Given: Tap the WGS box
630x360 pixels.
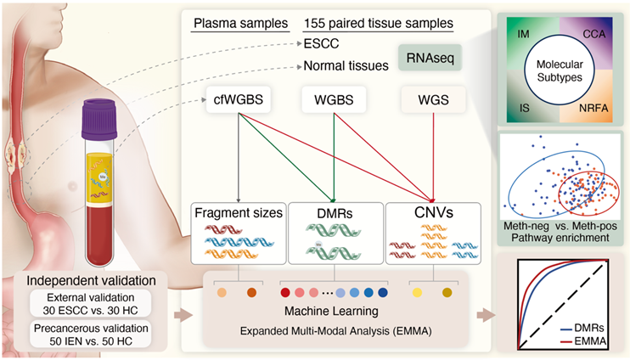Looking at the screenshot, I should (433, 101).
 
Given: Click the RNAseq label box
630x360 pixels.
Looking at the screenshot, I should (430, 59).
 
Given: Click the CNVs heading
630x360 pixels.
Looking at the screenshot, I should (433, 211).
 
